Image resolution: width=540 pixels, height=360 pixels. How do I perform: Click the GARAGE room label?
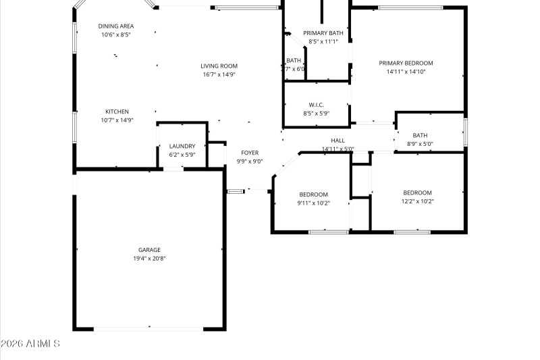(149, 250)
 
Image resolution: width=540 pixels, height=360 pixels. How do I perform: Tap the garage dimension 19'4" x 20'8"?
(149, 259)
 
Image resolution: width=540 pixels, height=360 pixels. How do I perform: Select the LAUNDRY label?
(182, 146)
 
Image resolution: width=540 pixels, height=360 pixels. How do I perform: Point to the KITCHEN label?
(117, 111)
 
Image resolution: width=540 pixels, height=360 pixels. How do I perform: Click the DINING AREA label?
(116, 26)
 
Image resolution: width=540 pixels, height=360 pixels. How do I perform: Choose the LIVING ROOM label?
(219, 66)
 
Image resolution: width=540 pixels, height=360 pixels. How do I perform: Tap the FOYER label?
(250, 153)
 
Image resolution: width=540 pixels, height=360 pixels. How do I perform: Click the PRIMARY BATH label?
(323, 33)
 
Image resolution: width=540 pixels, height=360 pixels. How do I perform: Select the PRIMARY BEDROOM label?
(406, 63)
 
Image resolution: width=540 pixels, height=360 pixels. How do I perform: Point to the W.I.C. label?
(317, 105)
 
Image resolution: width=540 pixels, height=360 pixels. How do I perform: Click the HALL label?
(337, 140)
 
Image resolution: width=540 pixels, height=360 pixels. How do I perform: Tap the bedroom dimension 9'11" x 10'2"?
(314, 203)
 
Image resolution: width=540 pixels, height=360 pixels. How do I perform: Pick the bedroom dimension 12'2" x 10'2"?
(417, 201)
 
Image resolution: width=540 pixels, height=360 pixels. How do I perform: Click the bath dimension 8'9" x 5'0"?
(420, 144)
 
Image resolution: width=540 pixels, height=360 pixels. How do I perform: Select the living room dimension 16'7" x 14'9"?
(219, 75)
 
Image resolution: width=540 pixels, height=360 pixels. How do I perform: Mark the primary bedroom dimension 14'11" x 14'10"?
(406, 72)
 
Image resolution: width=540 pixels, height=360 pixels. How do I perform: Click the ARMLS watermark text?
(31, 344)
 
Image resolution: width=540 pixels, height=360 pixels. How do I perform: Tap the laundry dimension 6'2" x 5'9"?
(182, 155)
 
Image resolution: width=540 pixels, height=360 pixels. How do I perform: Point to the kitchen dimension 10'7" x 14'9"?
(117, 120)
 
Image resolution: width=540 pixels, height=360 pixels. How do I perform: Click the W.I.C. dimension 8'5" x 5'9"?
(317, 113)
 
